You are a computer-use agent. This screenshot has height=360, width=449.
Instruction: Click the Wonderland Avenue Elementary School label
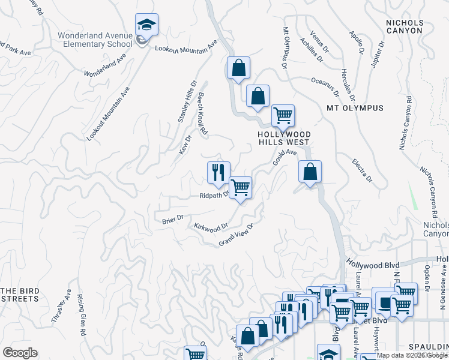[95, 40]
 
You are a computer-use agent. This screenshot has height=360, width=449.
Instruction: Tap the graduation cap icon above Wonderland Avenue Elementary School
[146, 25]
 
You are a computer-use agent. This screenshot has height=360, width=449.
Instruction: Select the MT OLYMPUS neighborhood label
[354, 108]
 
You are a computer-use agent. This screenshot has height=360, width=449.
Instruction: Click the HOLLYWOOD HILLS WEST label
[284, 138]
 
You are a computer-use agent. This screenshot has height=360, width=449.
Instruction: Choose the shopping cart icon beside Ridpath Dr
[240, 187]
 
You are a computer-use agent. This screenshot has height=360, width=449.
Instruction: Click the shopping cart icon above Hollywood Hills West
[283, 115]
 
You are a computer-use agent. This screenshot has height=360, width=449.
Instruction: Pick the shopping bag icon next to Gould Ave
[310, 172]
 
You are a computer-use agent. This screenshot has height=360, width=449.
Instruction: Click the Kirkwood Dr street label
[211, 227]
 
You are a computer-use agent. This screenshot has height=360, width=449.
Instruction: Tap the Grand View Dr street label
[237, 234]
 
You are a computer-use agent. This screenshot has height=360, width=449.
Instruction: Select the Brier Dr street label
[172, 220]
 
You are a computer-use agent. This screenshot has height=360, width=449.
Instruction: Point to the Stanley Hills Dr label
[187, 102]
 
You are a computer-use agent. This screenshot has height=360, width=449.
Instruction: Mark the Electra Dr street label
[363, 171]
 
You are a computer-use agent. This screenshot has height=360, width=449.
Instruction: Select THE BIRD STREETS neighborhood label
[20, 295]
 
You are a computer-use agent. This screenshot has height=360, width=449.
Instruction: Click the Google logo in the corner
[20, 353]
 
